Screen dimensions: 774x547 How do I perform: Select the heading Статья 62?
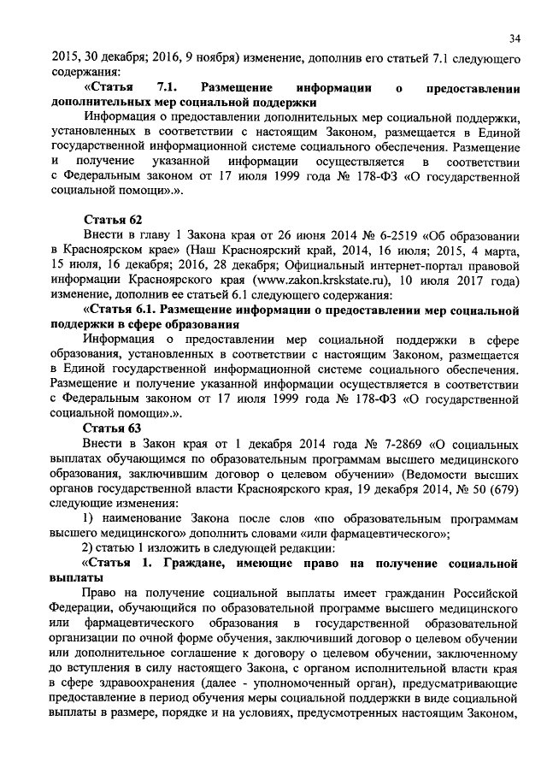pyautogui.click(x=110, y=220)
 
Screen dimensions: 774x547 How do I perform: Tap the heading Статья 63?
pyautogui.click(x=110, y=427)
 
